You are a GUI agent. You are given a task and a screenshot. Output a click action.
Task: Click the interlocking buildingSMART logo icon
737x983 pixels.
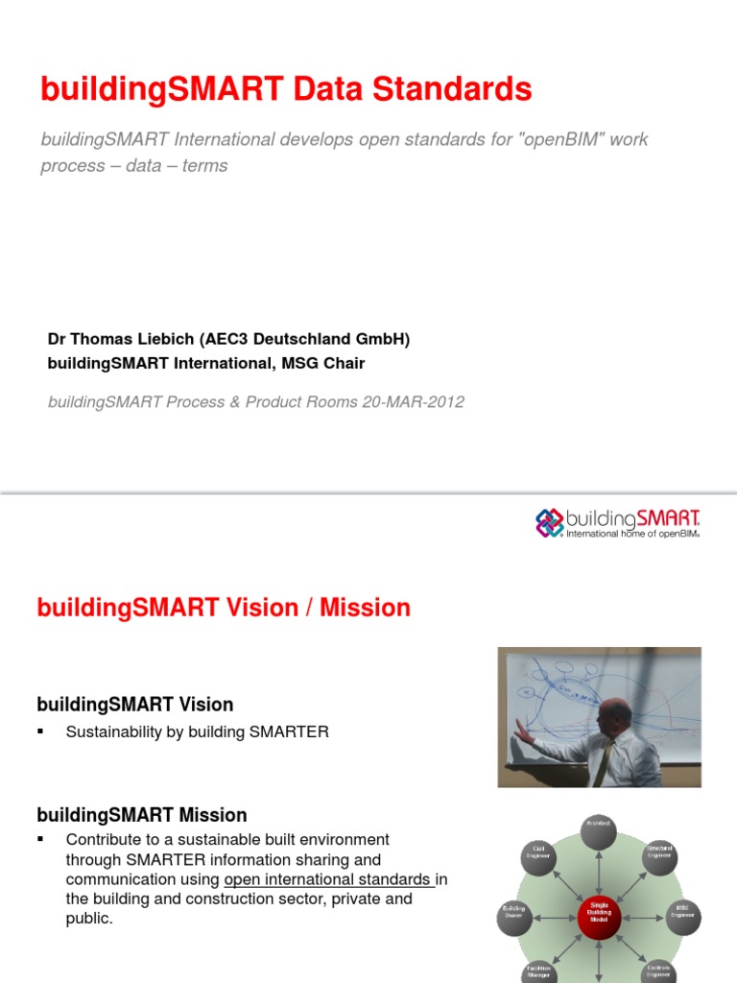pyautogui.click(x=548, y=522)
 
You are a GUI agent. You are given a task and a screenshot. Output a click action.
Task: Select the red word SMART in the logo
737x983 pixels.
pyautogui.click(x=668, y=518)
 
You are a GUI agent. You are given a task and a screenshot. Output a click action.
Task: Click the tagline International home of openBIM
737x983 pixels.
pyautogui.click(x=633, y=534)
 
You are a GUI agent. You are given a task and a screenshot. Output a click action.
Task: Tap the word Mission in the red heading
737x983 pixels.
pyautogui.click(x=365, y=608)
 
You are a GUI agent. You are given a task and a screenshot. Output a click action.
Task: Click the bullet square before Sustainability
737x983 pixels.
pyautogui.click(x=41, y=731)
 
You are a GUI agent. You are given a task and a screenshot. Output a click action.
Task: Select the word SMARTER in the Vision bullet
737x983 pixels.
pyautogui.click(x=289, y=731)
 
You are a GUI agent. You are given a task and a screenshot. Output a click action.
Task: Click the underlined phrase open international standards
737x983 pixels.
pyautogui.click(x=327, y=879)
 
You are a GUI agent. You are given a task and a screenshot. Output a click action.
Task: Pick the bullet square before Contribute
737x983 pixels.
pyautogui.click(x=41, y=839)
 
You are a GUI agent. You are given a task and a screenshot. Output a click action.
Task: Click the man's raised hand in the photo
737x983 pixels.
pyautogui.click(x=522, y=731)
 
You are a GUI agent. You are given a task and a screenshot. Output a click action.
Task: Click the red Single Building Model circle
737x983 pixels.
pyautogui.click(x=599, y=913)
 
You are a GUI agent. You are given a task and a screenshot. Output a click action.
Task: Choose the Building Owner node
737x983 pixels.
pyautogui.click(x=514, y=914)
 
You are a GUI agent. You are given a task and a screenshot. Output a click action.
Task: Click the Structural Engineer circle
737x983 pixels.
pyautogui.click(x=659, y=853)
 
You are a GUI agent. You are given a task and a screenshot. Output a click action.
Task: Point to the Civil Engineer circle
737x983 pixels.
pyautogui.click(x=539, y=853)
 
